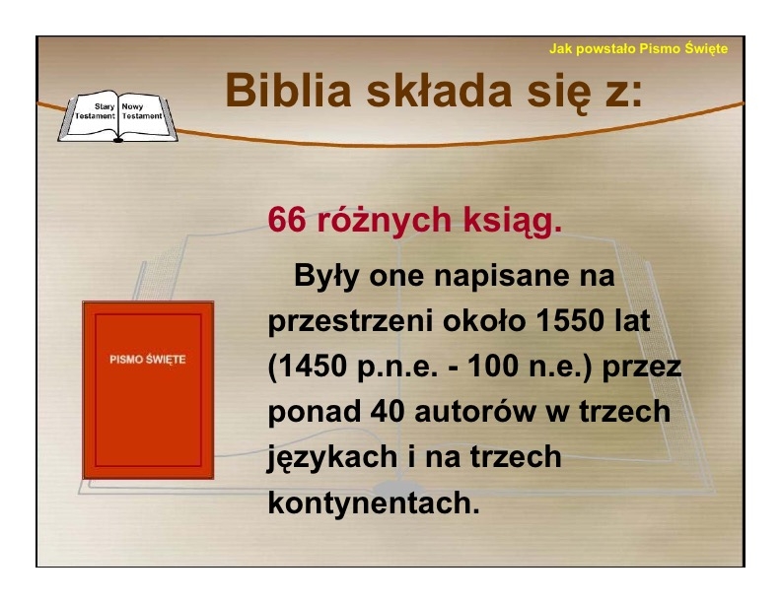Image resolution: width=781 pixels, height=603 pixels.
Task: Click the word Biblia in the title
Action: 288,91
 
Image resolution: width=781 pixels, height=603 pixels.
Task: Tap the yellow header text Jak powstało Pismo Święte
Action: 638,48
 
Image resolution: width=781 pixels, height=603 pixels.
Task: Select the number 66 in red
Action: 286,220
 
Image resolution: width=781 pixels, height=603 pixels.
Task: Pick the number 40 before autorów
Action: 387,412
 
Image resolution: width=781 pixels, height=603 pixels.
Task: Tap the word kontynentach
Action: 374,502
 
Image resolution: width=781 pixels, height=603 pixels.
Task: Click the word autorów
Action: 474,413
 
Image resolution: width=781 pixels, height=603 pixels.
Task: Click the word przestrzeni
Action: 350,322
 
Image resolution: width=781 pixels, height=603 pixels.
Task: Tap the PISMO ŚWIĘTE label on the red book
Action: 148,360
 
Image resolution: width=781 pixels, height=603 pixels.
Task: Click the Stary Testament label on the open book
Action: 95,111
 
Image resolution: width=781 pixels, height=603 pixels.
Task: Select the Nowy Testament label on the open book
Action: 142,111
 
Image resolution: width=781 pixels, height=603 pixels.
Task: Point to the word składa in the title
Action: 440,91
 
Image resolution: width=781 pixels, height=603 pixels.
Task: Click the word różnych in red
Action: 384,221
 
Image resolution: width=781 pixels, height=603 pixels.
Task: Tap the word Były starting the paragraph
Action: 326,277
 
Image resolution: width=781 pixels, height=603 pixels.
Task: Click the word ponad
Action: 315,413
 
